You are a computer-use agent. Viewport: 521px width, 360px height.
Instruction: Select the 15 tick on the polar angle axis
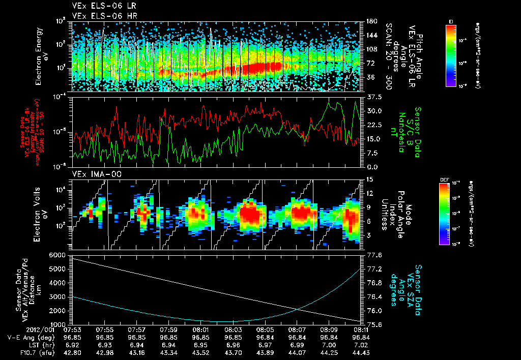(370, 179)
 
